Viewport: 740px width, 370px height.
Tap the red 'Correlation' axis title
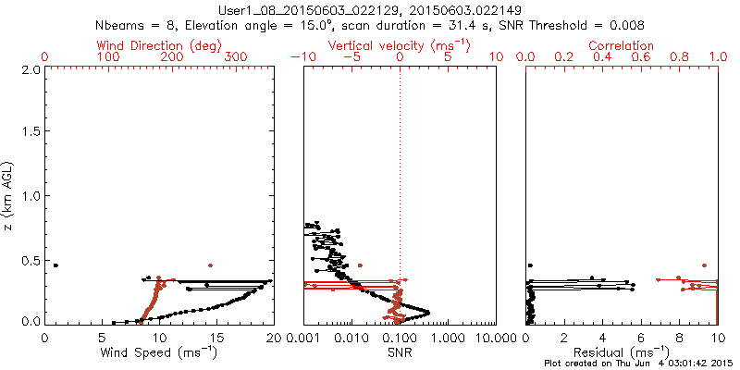(623, 45)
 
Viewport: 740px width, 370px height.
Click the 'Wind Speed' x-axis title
(159, 352)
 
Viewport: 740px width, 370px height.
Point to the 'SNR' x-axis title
(400, 352)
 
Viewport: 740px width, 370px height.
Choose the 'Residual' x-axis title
(623, 352)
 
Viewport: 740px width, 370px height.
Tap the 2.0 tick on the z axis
(30, 70)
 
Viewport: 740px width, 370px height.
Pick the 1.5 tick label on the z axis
(30, 133)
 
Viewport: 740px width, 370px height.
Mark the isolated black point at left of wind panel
(55, 265)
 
